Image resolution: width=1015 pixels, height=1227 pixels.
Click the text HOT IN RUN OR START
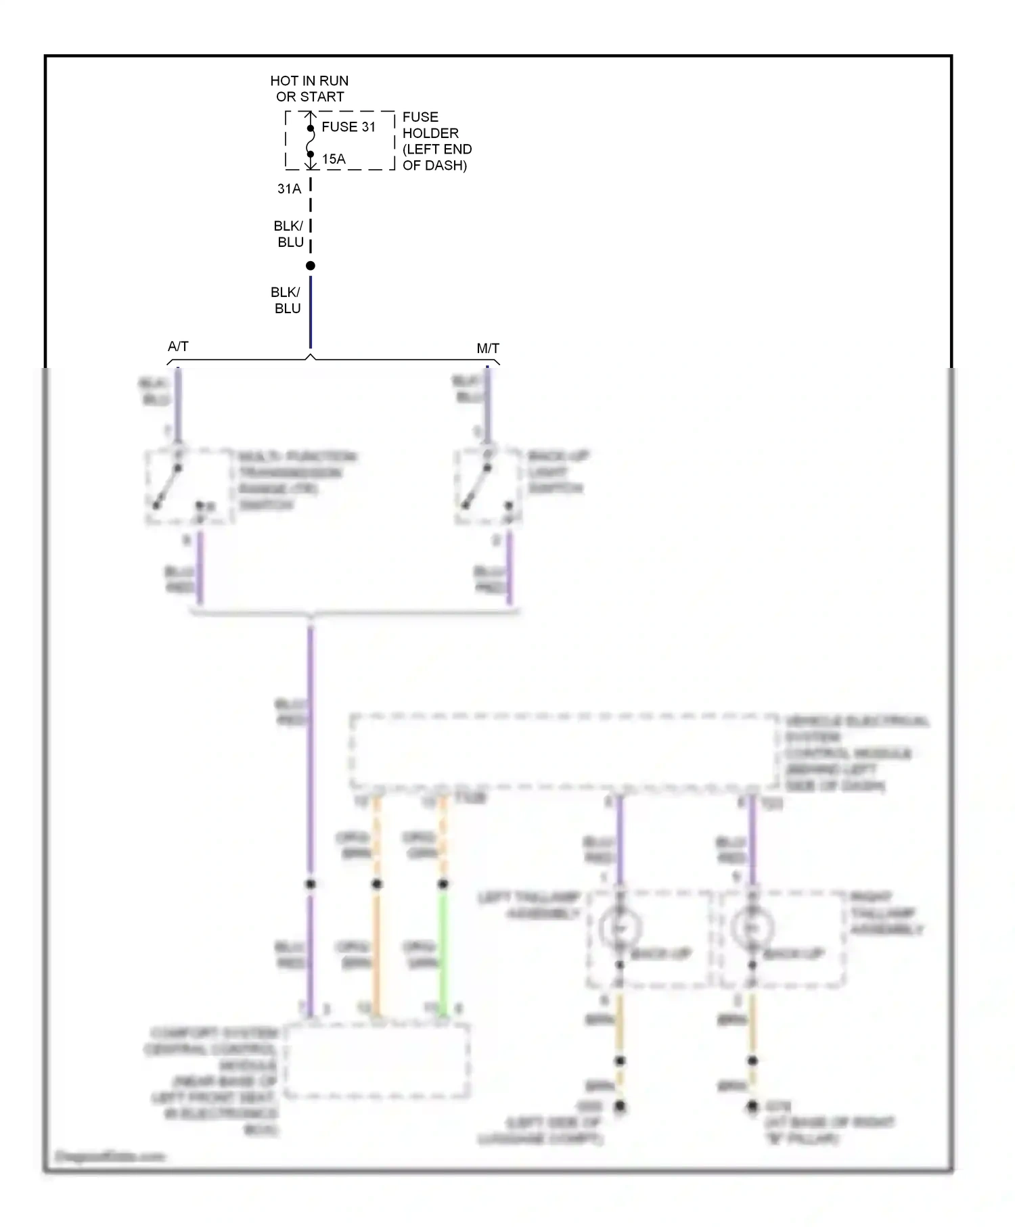(x=309, y=89)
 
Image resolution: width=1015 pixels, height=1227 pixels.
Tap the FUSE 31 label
(x=348, y=127)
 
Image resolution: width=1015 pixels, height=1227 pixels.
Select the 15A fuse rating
(x=334, y=159)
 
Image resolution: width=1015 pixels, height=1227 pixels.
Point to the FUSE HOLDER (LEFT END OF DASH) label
(x=436, y=141)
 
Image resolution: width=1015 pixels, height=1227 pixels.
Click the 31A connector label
(x=289, y=189)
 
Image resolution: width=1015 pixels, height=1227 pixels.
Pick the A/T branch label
(x=178, y=346)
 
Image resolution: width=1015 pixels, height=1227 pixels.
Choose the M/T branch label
(x=488, y=348)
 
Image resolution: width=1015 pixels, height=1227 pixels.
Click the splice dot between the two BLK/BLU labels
(x=311, y=266)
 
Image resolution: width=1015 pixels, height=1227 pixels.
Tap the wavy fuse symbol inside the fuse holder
(x=311, y=141)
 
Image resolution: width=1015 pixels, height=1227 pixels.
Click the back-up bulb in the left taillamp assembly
(x=620, y=928)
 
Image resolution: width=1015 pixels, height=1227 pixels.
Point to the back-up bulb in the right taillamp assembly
(x=752, y=928)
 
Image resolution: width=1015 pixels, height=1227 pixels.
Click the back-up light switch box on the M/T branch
(x=487, y=486)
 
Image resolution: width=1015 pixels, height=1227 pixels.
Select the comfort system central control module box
(x=377, y=1061)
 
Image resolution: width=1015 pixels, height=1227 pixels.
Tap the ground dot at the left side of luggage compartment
(x=620, y=1107)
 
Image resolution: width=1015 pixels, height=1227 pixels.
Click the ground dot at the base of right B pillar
(x=752, y=1107)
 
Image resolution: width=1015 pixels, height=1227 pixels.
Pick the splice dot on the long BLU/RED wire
(x=311, y=884)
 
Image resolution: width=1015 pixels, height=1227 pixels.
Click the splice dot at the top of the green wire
(x=443, y=884)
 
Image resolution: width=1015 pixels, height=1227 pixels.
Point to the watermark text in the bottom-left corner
(x=110, y=1156)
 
